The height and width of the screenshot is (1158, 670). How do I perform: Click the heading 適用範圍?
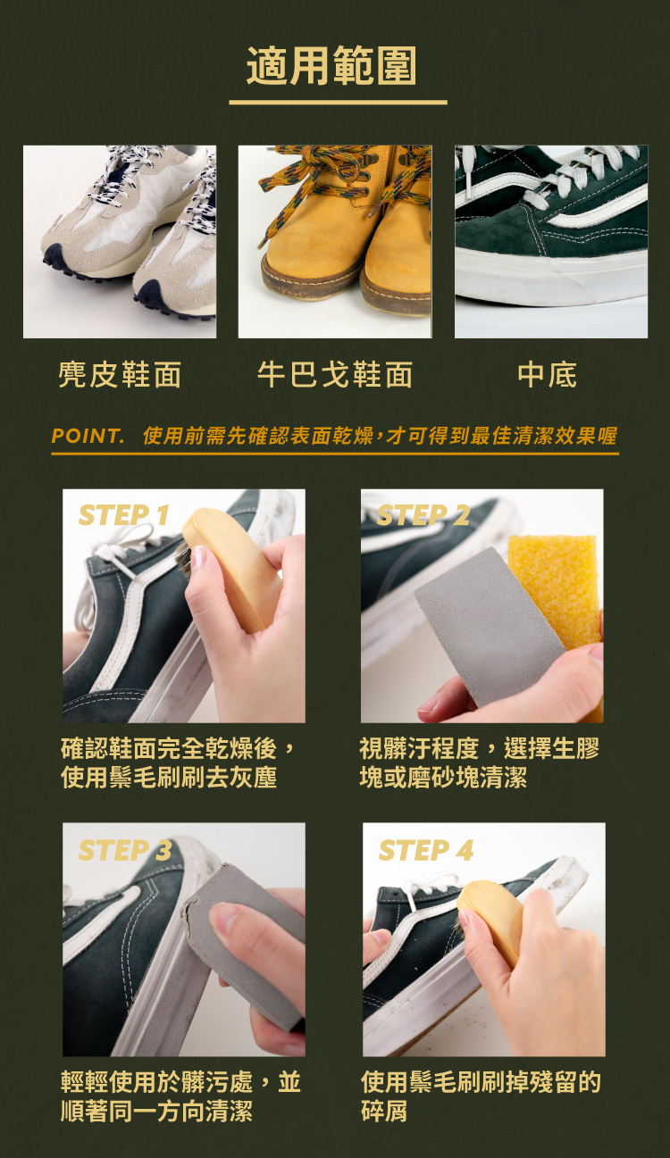pos(331,66)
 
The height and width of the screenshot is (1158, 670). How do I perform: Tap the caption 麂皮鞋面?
pos(120,374)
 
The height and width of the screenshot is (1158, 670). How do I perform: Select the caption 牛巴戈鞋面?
pos(335,374)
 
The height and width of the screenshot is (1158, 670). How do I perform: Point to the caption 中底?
pos(548,374)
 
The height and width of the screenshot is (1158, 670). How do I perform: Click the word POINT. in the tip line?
pos(88,436)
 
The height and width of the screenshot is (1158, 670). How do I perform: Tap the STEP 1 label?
pos(123,515)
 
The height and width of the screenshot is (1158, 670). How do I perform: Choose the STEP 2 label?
pos(423,515)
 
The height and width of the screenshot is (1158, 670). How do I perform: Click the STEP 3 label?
pos(125,850)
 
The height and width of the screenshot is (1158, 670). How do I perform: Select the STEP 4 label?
pos(426,850)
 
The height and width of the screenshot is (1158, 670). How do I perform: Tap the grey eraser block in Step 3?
pos(243,946)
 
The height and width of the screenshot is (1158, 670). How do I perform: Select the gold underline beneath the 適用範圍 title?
pos(338,103)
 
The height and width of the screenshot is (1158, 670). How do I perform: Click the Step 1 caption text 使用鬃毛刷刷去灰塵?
pos(169,777)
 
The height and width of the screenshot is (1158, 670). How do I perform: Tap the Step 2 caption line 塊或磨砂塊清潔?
pos(443,777)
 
